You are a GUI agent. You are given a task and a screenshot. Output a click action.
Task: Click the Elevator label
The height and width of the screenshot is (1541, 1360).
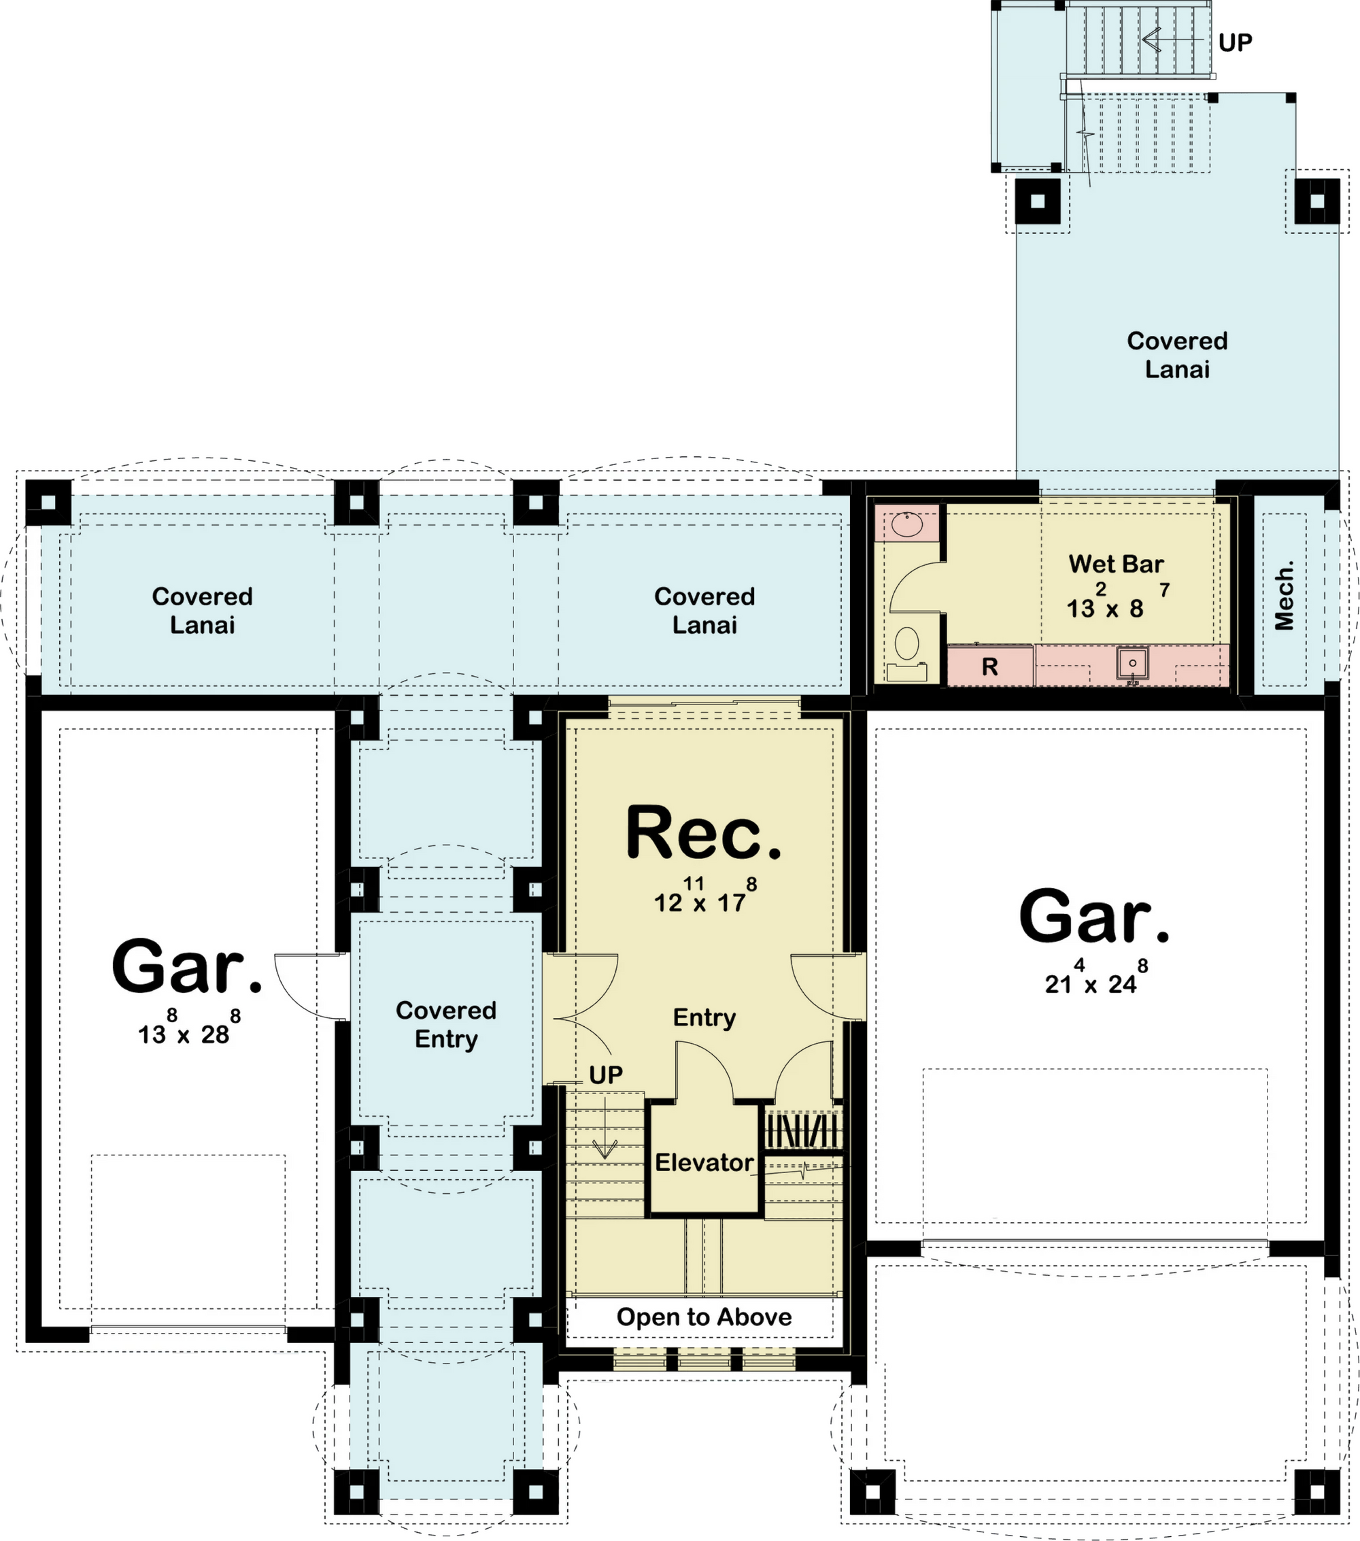(704, 1162)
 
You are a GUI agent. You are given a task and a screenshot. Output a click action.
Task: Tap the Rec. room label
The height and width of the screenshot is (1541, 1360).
(704, 832)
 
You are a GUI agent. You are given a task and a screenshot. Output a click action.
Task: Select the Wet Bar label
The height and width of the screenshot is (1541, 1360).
(1116, 564)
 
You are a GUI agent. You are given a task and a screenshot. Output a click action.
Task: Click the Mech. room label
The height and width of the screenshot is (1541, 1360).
(1285, 596)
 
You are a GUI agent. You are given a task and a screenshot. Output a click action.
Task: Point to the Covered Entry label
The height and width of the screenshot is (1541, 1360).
(446, 1025)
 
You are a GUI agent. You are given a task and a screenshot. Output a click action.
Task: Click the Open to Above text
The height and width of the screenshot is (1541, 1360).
(704, 1317)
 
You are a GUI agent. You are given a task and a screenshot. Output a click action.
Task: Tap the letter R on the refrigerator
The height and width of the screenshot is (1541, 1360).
(990, 666)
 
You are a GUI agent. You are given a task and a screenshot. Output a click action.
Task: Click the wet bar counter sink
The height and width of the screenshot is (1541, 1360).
(1132, 664)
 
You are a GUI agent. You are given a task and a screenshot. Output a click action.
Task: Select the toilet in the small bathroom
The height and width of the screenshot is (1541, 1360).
(907, 653)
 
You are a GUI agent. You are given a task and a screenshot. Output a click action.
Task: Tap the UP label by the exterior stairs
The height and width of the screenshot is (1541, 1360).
(1235, 43)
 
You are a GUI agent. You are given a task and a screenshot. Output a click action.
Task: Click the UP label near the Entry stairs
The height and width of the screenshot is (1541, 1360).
(606, 1075)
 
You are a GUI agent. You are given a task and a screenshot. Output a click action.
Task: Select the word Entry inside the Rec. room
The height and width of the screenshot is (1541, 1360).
(704, 1018)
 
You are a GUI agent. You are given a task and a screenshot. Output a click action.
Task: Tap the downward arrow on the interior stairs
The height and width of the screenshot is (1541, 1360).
(605, 1128)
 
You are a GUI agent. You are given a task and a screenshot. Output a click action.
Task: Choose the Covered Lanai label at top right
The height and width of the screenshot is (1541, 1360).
(1177, 355)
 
